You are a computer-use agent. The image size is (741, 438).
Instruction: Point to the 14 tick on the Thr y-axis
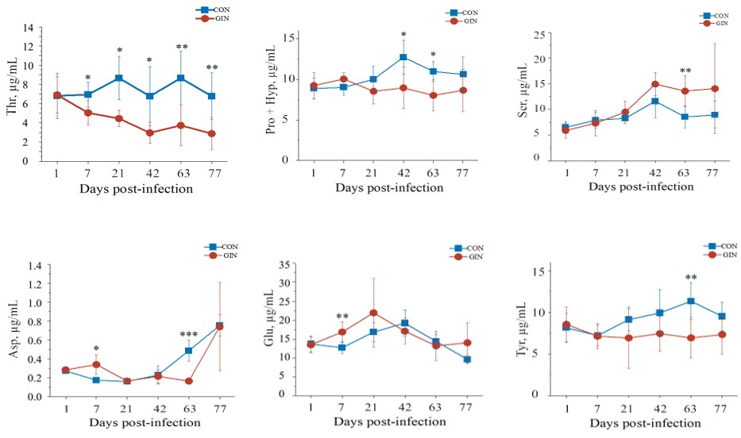(27, 28)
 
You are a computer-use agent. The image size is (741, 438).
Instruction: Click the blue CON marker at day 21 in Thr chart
(118, 78)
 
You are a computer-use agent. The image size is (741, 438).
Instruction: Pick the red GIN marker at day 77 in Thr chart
(212, 133)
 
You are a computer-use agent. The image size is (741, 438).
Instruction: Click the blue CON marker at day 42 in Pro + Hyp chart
(403, 57)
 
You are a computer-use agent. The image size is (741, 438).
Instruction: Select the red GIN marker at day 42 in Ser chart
(655, 84)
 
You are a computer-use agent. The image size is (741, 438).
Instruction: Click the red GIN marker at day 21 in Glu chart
(373, 313)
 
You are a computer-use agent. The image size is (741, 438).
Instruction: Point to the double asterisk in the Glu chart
(343, 317)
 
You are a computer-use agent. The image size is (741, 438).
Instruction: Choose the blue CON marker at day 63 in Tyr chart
(691, 302)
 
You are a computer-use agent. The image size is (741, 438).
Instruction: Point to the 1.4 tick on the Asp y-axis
(33, 265)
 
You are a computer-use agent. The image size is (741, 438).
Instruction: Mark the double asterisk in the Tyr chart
(691, 279)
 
